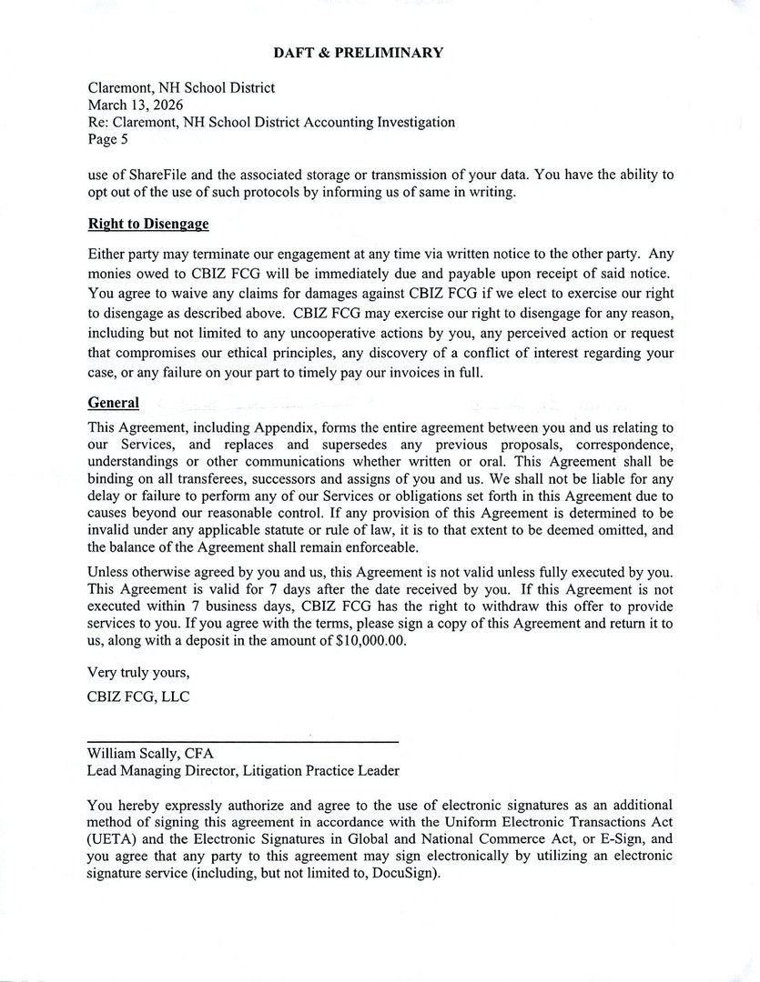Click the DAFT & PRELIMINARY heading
coord(359,53)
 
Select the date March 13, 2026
coord(135,105)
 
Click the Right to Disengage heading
coord(148,224)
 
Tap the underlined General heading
coord(114,402)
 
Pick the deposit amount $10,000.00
coord(369,640)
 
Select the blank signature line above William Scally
coord(243,742)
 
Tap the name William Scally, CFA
coord(150,754)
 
